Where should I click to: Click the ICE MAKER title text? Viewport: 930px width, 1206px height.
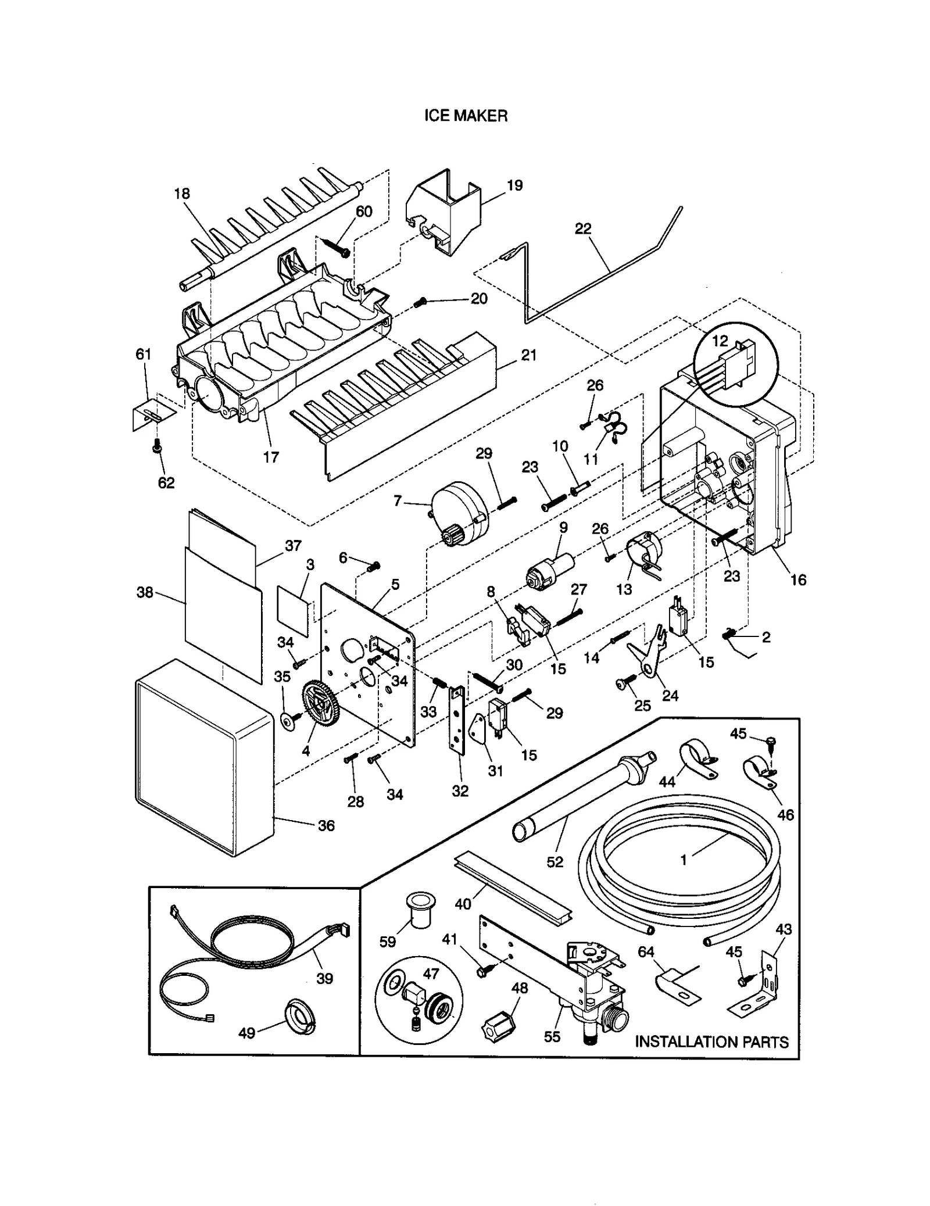(466, 116)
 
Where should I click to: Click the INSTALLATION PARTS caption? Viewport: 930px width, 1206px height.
(711, 1042)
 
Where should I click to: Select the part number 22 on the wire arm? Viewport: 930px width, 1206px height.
(582, 228)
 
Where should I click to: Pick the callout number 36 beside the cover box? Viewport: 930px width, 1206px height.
(326, 825)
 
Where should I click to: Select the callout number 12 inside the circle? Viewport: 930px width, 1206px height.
(720, 341)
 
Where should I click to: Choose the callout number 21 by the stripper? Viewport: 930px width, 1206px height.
(528, 355)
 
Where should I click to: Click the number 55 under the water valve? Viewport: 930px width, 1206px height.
(552, 1036)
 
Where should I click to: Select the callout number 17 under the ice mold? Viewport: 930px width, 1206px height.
(271, 457)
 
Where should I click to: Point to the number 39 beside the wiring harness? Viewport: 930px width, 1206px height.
(324, 978)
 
